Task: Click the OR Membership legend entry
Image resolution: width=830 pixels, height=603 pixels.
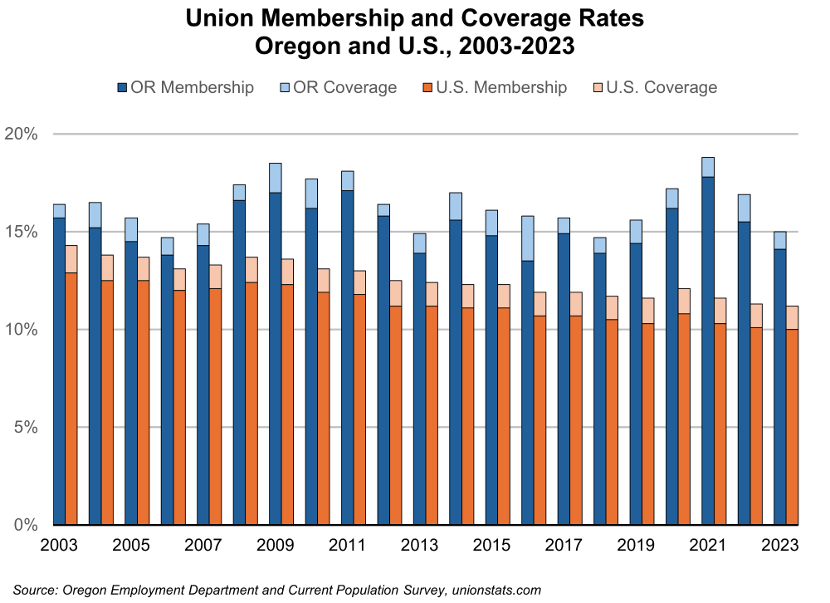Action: pos(186,87)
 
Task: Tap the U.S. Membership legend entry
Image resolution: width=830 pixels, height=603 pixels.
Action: pos(496,87)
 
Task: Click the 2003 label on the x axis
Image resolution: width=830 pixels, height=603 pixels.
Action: pos(59,546)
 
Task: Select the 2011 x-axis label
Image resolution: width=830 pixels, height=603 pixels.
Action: pos(347,546)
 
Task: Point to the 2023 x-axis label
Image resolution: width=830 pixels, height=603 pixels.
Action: pos(780,546)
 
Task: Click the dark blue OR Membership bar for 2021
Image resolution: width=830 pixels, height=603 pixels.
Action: pos(708,349)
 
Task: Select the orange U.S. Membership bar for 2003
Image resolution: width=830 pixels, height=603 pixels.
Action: pos(71,399)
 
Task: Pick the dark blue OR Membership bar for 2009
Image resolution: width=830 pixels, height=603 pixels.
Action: pos(276,357)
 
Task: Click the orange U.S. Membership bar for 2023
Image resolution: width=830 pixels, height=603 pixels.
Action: pos(792,427)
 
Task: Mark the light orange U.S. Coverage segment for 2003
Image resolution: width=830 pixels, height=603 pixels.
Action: pos(71,259)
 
